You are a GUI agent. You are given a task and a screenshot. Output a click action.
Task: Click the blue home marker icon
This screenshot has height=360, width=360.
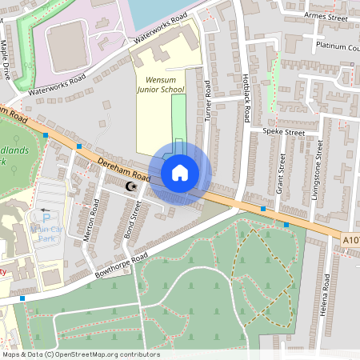point(180,172)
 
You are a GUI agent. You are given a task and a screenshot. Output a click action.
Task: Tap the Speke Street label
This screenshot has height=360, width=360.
point(284,132)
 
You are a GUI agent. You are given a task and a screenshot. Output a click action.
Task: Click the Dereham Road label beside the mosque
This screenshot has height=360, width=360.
point(123,169)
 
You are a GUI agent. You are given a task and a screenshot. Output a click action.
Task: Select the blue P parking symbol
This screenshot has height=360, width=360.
point(46,217)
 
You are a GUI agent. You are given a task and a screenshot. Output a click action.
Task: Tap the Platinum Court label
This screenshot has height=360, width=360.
point(337,46)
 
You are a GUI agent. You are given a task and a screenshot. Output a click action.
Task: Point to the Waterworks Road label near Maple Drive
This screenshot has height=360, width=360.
point(56,84)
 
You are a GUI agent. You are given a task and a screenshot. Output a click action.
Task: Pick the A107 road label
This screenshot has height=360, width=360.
point(351,239)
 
